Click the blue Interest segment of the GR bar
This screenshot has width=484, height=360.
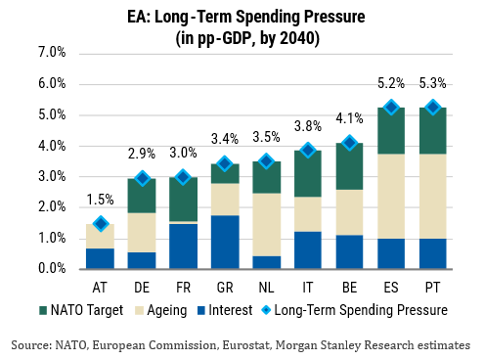225,242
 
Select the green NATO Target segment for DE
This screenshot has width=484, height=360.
142,196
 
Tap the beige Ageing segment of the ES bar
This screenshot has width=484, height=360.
391,197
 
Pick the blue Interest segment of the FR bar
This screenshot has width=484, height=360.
183,247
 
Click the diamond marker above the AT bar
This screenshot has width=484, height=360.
101,224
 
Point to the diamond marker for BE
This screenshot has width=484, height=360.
350,143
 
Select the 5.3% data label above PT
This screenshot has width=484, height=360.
432,83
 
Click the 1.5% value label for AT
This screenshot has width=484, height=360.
101,200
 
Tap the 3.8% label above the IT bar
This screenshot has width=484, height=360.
308,126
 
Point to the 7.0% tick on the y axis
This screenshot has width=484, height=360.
52,52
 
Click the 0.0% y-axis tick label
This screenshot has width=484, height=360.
52,268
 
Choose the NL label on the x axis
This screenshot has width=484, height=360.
266,288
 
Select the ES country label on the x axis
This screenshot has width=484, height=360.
391,288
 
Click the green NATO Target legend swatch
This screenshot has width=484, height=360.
43,310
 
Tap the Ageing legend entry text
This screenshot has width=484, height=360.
167,310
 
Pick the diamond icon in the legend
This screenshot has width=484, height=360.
266,310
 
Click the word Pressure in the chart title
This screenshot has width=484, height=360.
334,17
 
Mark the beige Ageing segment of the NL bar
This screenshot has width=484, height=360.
267,225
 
